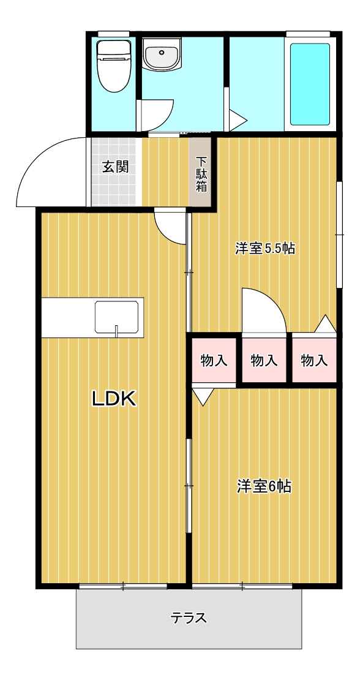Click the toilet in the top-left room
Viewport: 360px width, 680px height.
113,65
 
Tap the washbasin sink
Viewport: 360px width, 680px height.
162,55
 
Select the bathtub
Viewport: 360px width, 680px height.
310,84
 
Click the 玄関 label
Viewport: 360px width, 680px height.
116,167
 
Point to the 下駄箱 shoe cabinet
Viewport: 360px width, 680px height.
201,173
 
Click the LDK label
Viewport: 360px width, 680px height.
114,399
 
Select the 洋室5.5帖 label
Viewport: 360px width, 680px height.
266,248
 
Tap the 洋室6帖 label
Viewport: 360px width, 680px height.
264,486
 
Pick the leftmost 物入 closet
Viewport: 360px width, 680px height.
214,360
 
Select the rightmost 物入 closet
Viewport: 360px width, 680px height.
314,360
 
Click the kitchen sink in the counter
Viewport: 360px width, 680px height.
116,317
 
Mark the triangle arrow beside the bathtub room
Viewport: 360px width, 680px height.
238,120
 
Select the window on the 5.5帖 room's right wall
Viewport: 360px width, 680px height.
340,234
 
